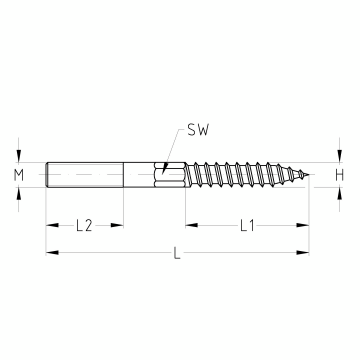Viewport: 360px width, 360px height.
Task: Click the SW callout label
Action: coord(198,130)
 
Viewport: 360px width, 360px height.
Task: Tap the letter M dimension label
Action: coord(19,175)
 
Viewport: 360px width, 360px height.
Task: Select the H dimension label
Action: coord(339,175)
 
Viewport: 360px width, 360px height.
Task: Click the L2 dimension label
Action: coord(84,226)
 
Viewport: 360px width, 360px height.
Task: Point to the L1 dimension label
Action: coord(247,226)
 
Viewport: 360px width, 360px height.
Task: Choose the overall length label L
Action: coord(177,253)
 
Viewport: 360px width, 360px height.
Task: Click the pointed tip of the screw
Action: coord(309,175)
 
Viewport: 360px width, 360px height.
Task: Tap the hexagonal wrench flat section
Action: coord(170,175)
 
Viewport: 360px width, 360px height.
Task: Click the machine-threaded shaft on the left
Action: coord(85,175)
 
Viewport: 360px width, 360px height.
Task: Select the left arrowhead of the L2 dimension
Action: coord(52,225)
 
